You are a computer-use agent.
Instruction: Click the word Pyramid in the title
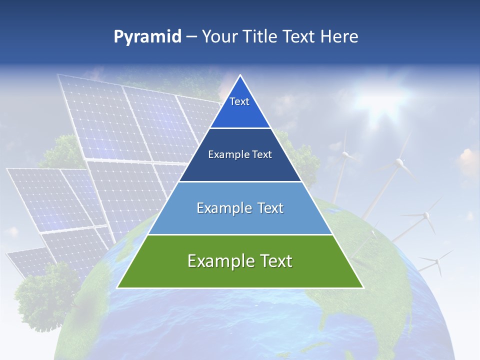tap(147, 37)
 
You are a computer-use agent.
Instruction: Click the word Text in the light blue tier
tap(268, 208)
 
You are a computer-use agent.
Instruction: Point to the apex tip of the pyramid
tap(240, 76)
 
